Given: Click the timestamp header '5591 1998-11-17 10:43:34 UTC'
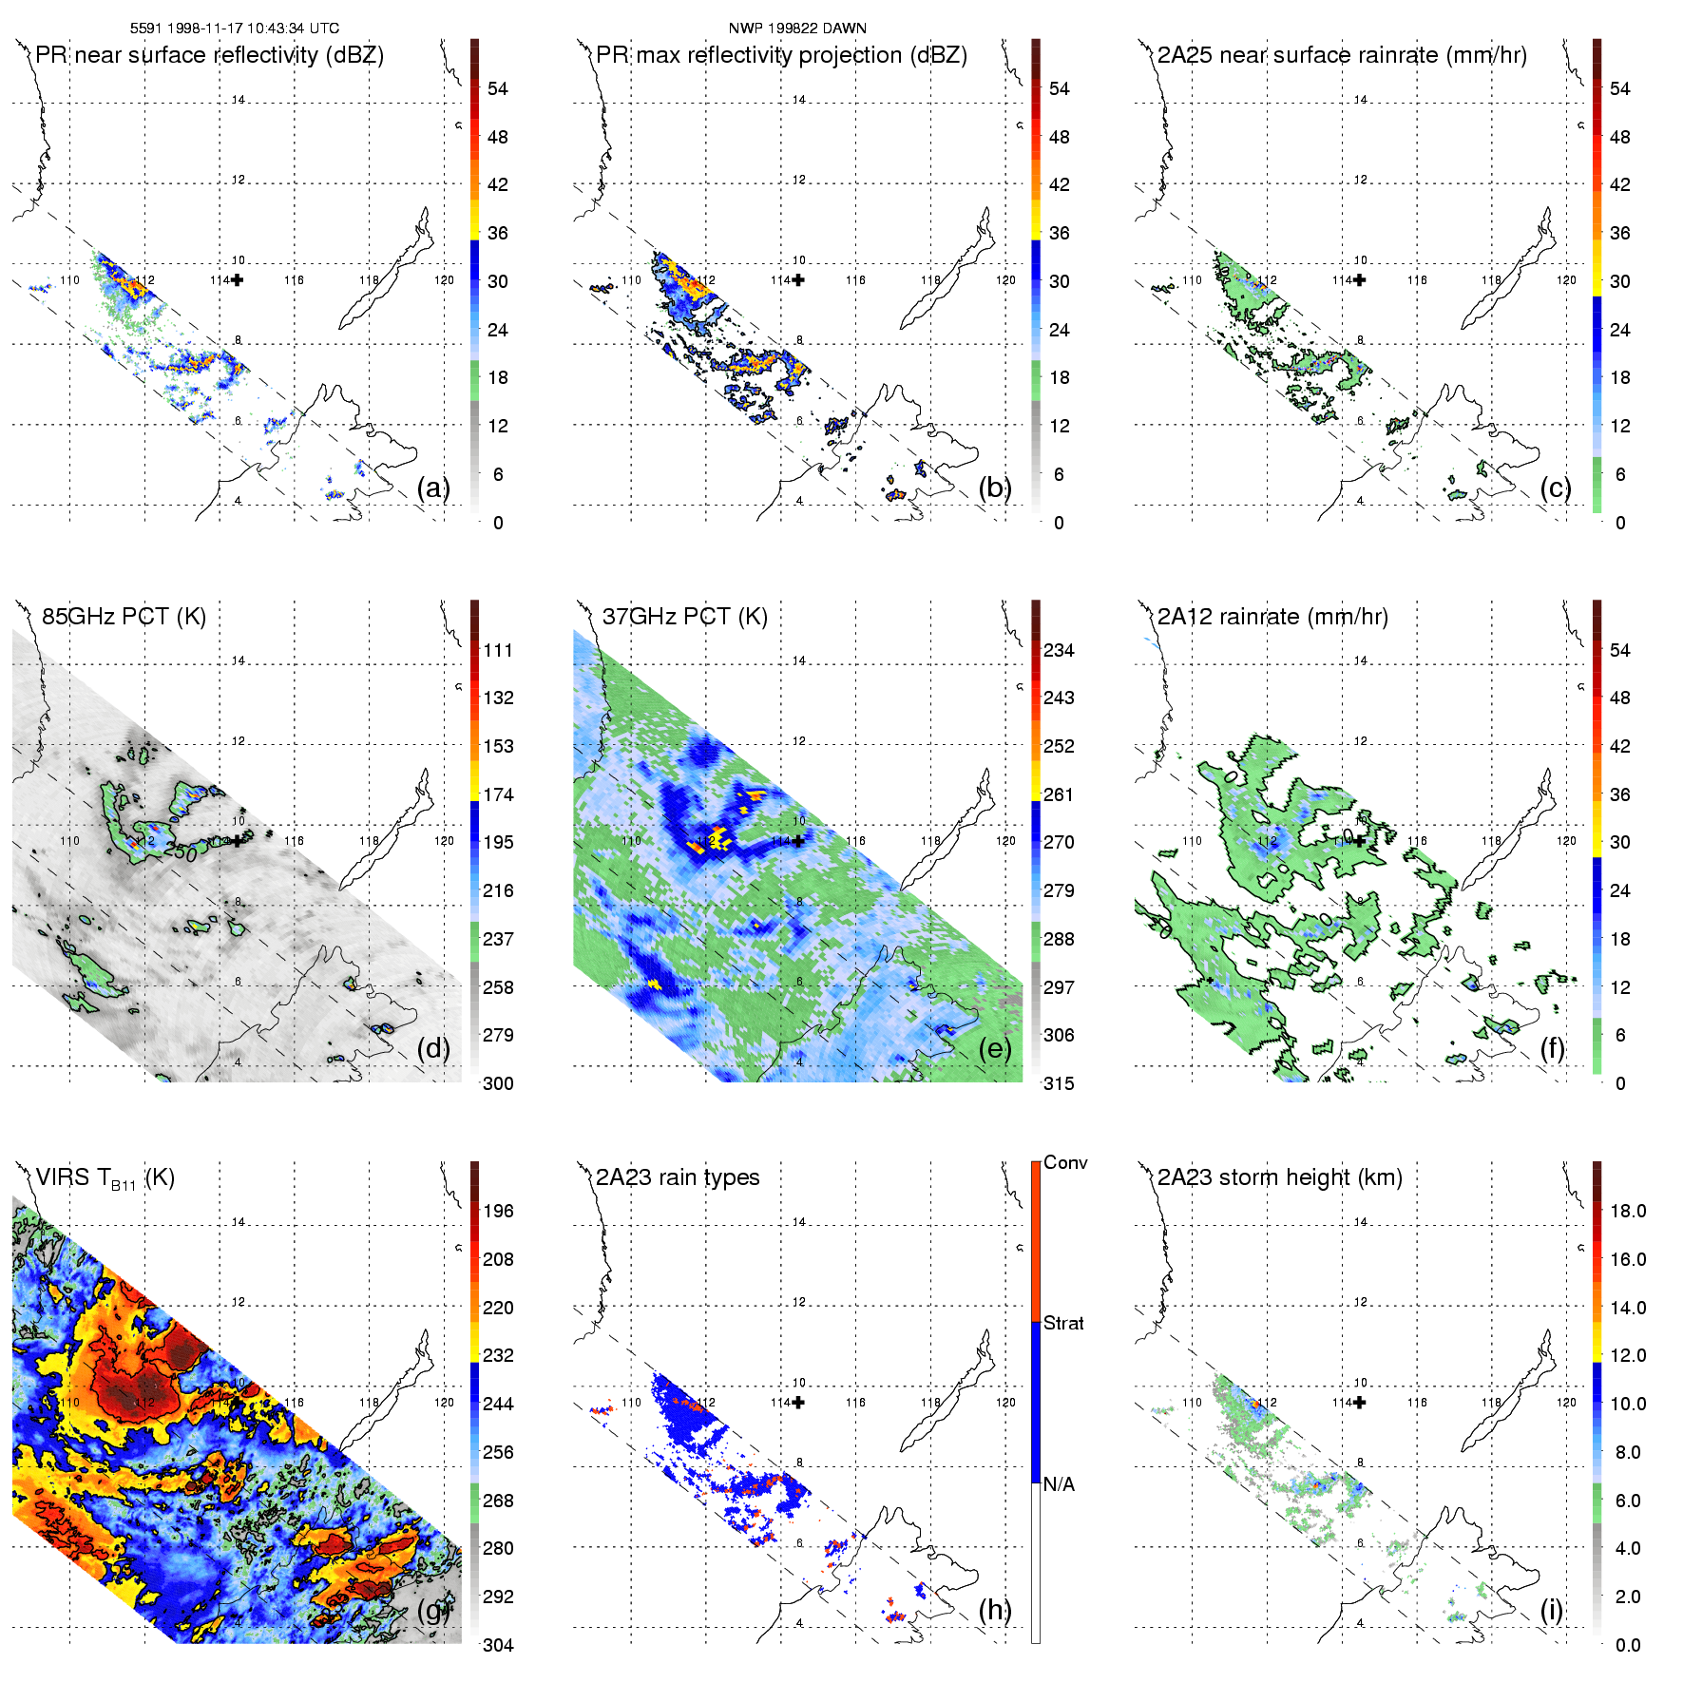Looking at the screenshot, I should (x=234, y=29).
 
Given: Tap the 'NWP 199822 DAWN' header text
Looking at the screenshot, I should (x=797, y=29).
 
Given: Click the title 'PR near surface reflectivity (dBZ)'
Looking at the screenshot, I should (x=210, y=55).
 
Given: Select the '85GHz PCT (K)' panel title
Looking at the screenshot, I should (x=124, y=617).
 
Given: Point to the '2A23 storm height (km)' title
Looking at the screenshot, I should (x=1279, y=1177).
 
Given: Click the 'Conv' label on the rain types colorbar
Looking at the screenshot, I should (x=1065, y=1162).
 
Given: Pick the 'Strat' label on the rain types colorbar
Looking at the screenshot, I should (x=1063, y=1323).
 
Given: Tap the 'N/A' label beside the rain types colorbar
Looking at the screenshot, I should (x=1059, y=1484).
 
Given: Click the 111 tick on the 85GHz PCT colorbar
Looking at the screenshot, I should (x=498, y=650).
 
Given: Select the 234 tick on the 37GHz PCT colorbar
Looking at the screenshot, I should (x=1059, y=650).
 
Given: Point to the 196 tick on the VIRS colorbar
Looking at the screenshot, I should (x=498, y=1211).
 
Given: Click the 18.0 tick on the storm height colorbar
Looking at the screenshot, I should (x=1628, y=1211).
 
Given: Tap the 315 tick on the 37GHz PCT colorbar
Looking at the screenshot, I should (x=1059, y=1083).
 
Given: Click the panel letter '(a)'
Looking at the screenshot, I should (x=432, y=488).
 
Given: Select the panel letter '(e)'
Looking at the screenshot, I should (x=994, y=1048).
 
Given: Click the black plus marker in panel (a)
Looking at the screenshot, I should (x=238, y=279).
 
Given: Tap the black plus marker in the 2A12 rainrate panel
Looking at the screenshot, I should (x=1360, y=840).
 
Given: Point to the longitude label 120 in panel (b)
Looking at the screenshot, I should (x=1005, y=280).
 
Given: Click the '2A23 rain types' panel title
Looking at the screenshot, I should (x=678, y=1177).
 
